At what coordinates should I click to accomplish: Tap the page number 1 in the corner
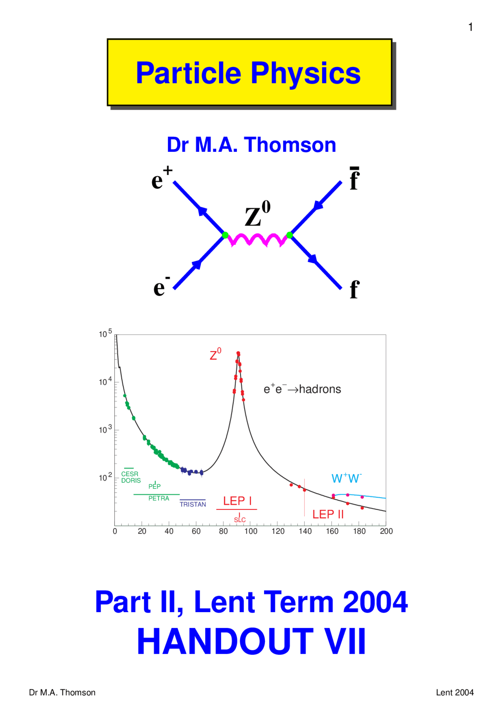pos(470,27)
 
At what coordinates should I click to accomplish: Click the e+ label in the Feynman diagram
pos(162,178)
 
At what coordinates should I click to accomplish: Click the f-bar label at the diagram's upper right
pos(354,179)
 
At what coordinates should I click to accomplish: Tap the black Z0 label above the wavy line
pos(257,214)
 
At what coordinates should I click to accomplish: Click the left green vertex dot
pos(225,235)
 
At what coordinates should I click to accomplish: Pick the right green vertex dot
pos(290,235)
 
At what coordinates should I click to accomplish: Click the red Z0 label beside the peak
pos(215,355)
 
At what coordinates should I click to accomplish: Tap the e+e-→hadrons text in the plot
pos(302,389)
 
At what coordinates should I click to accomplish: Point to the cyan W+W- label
pos(346,478)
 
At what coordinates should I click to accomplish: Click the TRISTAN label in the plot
pos(193,504)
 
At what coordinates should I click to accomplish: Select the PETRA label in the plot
pos(159,498)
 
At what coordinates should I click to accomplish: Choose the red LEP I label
pos(237,501)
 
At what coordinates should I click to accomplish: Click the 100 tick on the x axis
pos(251,531)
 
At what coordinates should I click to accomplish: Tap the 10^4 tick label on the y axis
pos(105,381)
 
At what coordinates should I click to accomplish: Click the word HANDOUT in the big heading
pos(225,642)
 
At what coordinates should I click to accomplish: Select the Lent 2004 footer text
pos(455,692)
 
